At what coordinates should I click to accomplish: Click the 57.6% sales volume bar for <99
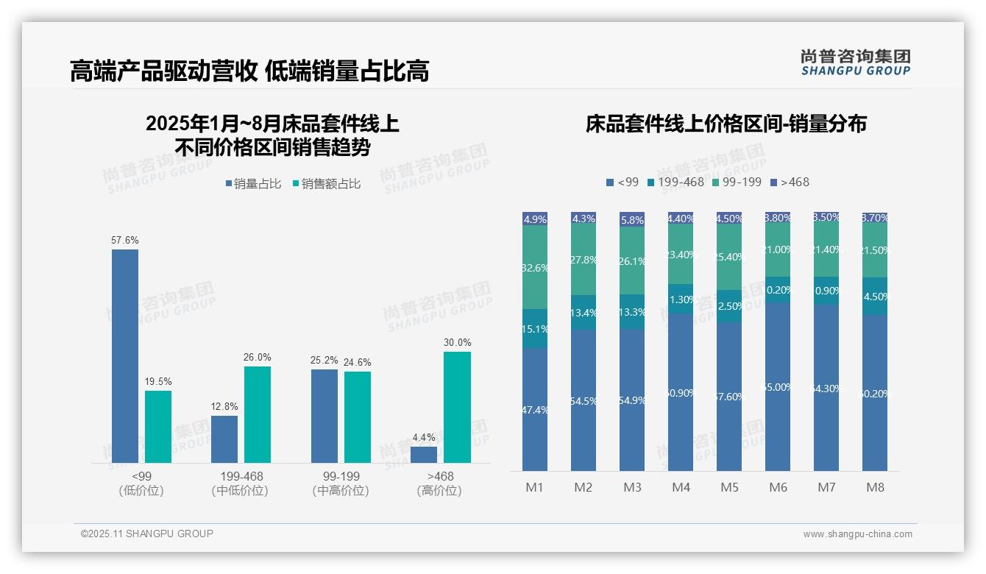[x=125, y=356]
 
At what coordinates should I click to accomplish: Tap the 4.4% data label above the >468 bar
[x=424, y=437]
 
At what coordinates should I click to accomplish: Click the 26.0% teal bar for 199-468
[x=258, y=414]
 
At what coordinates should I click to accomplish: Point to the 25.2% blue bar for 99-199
[x=324, y=416]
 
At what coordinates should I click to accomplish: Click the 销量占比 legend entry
[x=253, y=184]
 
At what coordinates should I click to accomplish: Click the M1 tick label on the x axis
[x=535, y=487]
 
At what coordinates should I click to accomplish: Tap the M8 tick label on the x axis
[x=875, y=487]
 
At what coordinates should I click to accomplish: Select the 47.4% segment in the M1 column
[x=535, y=409]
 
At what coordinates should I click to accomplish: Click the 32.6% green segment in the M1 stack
[x=535, y=267]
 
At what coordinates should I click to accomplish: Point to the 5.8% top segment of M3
[x=632, y=219]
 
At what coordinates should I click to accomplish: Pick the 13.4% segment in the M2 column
[x=584, y=313]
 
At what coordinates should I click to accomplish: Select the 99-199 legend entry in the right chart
[x=737, y=182]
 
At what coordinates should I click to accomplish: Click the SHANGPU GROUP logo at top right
[x=855, y=63]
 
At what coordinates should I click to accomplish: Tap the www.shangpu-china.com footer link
[x=857, y=534]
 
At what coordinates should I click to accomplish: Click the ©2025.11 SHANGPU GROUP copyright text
[x=147, y=534]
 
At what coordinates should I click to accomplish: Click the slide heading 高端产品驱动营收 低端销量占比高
[x=249, y=71]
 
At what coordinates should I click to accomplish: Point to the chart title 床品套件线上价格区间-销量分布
[x=726, y=124]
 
